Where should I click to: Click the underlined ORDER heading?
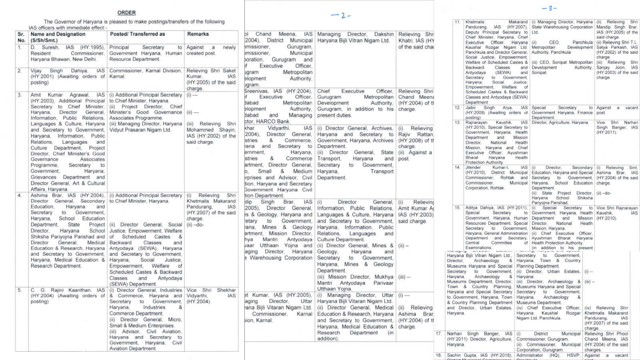point(126,13)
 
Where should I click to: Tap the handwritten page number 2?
point(341,16)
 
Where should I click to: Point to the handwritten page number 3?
point(549,8)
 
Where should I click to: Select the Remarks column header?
point(198,34)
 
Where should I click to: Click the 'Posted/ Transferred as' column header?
point(137,34)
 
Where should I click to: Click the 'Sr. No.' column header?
point(22,37)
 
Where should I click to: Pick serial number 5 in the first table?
point(20,290)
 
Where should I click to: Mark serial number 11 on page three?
point(458,22)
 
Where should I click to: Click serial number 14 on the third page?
point(458,168)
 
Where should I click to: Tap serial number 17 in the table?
point(439,334)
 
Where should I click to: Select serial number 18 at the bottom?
point(439,355)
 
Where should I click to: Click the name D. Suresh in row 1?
point(45,47)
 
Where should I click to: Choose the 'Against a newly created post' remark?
point(211,50)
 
